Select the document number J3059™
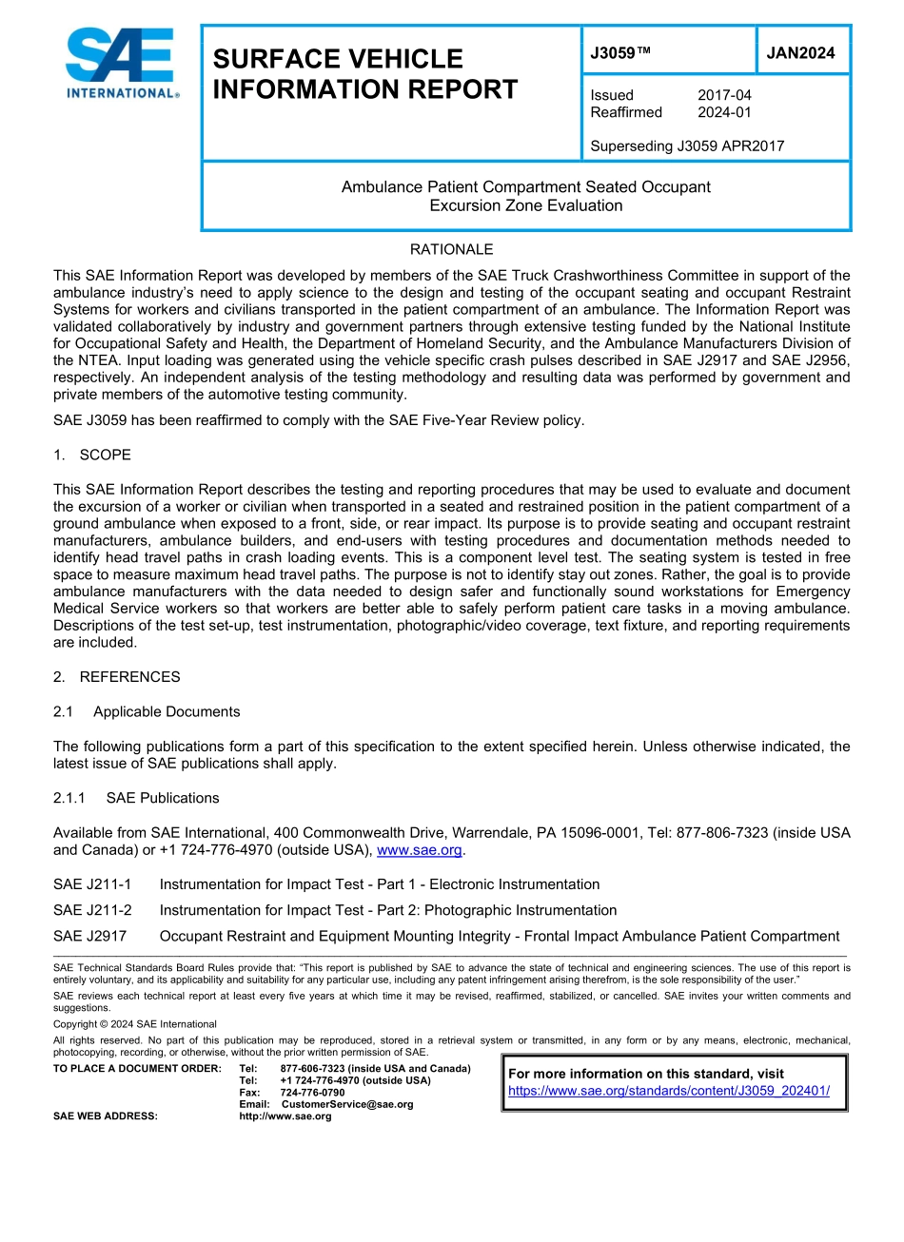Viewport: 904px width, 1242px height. tap(620, 53)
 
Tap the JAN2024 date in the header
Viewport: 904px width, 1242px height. tap(800, 53)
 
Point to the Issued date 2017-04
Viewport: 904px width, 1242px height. tap(724, 95)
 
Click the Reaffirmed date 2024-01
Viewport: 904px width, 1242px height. tap(724, 112)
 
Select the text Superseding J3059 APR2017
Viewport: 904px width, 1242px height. tap(687, 146)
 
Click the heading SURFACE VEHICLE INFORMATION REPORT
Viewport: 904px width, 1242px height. tap(365, 74)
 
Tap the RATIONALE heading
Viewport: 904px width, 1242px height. tap(451, 249)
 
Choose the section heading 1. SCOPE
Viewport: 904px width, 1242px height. tap(92, 455)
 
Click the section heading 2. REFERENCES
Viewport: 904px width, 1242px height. tap(117, 677)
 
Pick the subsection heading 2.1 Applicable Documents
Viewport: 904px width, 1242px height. tap(147, 711)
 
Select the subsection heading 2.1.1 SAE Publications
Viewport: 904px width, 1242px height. tap(136, 798)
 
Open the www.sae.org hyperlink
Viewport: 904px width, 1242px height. tap(420, 850)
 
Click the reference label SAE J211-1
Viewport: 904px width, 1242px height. tap(92, 884)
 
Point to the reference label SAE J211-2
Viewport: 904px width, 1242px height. tap(92, 910)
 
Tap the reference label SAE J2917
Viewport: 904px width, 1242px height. tap(89, 936)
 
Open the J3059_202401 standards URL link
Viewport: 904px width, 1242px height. tap(668, 1091)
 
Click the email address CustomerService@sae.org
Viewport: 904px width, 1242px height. tap(346, 1104)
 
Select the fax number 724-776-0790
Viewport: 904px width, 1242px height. tap(312, 1093)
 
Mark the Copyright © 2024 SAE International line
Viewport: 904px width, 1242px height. tap(135, 1024)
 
